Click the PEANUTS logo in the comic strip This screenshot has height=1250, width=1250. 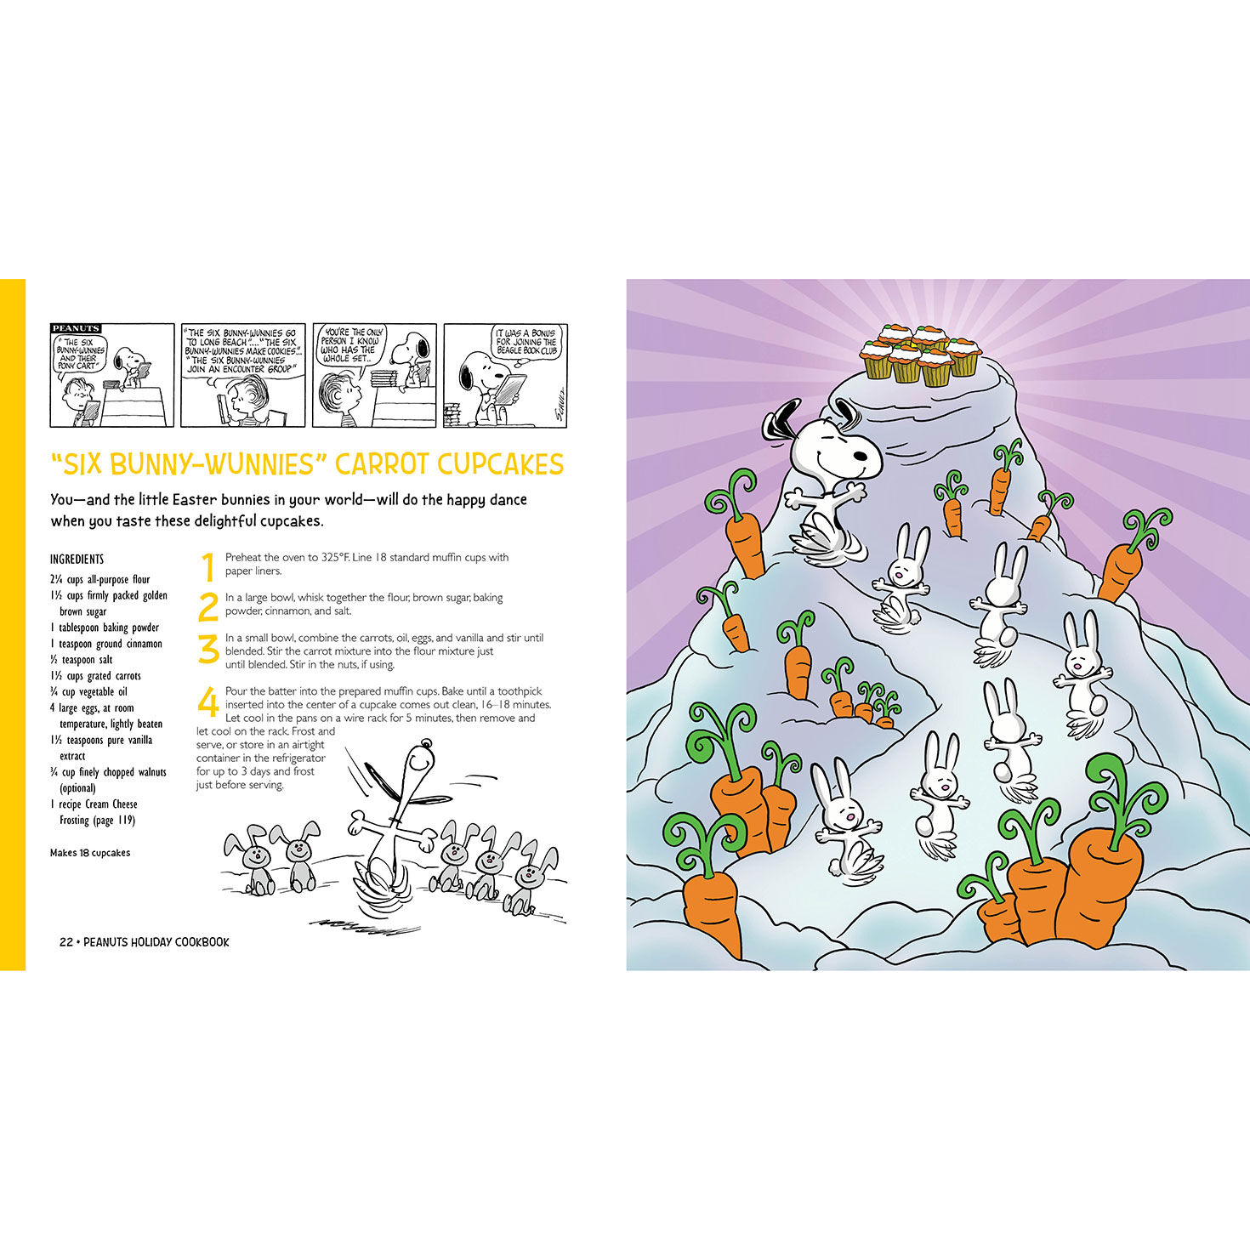(x=76, y=328)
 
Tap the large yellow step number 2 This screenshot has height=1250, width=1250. (x=207, y=606)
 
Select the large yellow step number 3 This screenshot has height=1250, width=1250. (x=207, y=651)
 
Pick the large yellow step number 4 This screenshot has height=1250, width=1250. (x=207, y=703)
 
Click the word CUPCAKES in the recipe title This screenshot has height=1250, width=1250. (x=500, y=464)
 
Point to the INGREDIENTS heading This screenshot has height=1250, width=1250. (x=77, y=559)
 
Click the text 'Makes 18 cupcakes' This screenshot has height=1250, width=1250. (x=90, y=853)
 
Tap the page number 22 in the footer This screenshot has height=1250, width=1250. (x=65, y=942)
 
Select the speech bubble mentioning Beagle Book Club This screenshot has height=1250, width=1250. (x=526, y=342)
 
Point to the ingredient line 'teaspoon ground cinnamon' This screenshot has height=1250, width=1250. (x=110, y=644)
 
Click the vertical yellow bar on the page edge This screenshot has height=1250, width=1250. (x=12, y=624)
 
